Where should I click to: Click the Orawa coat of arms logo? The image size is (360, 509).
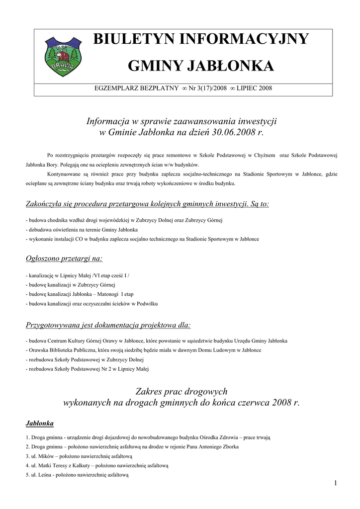pyautogui.click(x=63, y=58)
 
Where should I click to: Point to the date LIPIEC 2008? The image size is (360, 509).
pyautogui.click(x=254, y=88)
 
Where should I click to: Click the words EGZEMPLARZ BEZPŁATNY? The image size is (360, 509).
pyautogui.click(x=136, y=88)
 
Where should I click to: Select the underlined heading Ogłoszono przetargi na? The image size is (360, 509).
pyautogui.click(x=64, y=258)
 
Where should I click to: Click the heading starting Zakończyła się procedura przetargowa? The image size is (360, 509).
pyautogui.click(x=147, y=204)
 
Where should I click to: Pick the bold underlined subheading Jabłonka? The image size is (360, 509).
pyautogui.click(x=39, y=423)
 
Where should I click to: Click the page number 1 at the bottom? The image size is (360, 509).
pyautogui.click(x=336, y=483)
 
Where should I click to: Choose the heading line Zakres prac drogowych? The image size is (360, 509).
pyautogui.click(x=181, y=391)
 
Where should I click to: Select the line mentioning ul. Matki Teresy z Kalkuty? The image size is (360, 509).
pyautogui.click(x=97, y=465)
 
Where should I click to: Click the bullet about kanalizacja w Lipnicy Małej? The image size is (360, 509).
pyautogui.click(x=78, y=275)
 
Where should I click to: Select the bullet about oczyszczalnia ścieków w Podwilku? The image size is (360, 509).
pyautogui.click(x=92, y=303)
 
